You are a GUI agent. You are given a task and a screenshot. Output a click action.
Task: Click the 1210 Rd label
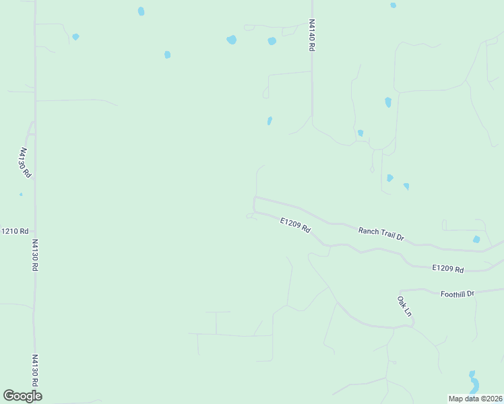(15, 231)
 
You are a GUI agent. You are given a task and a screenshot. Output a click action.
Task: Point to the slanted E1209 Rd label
(295, 225)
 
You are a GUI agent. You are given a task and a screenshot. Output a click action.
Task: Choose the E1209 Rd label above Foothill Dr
(448, 269)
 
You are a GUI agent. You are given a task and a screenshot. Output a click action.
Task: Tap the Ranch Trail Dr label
(381, 234)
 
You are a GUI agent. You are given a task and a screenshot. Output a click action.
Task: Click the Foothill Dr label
(458, 294)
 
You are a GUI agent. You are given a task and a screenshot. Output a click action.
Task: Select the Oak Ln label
(404, 306)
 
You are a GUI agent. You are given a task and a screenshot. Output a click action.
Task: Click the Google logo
(22, 396)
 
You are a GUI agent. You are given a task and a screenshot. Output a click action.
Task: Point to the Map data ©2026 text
(475, 398)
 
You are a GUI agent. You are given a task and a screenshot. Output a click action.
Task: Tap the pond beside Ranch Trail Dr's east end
(476, 240)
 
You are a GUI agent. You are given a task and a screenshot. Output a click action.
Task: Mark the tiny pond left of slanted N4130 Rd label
(21, 195)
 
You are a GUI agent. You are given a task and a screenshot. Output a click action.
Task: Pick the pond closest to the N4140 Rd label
(272, 41)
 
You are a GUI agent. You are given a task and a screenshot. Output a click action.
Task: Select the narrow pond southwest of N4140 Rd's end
(270, 121)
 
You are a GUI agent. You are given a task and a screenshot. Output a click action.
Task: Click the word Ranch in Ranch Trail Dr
(369, 231)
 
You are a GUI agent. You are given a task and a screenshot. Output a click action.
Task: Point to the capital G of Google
(9, 396)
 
